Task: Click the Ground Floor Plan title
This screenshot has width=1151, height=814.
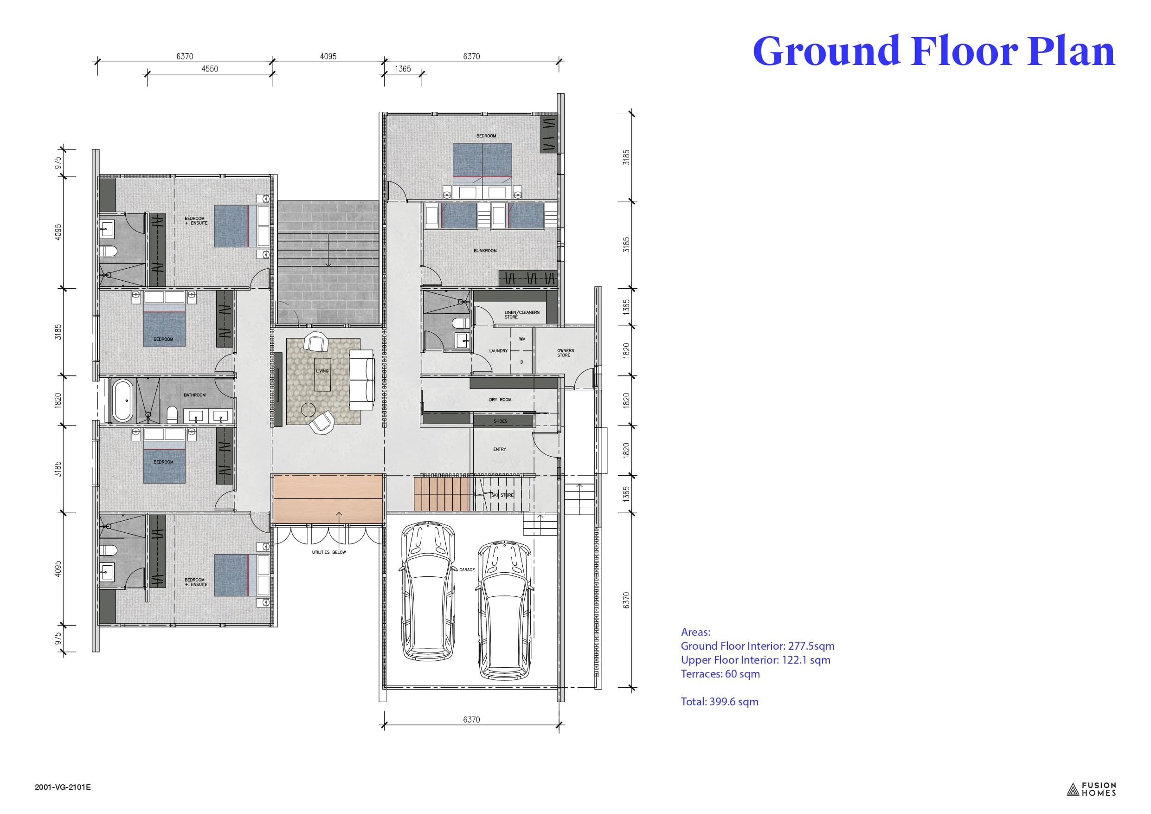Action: [x=933, y=51]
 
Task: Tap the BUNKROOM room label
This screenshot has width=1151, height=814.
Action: [x=485, y=251]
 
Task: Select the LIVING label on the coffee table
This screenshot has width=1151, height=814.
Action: [x=322, y=371]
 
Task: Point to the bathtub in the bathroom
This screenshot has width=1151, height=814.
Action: [x=122, y=400]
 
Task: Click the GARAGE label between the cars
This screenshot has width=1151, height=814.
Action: [x=467, y=570]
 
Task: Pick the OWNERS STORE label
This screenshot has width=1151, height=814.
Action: [x=566, y=353]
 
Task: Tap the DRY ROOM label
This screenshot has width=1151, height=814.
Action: [x=500, y=400]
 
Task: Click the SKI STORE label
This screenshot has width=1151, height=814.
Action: [x=503, y=495]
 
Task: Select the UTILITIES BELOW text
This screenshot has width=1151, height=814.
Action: [x=329, y=552]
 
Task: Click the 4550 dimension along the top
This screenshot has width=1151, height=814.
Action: [x=210, y=69]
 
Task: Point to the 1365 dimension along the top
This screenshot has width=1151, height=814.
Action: [x=403, y=69]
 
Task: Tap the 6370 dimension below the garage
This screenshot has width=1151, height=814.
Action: [x=471, y=720]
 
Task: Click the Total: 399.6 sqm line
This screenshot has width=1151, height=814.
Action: [x=720, y=702]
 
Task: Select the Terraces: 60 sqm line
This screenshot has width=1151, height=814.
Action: [x=720, y=674]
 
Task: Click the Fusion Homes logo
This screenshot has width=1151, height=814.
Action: [x=1091, y=789]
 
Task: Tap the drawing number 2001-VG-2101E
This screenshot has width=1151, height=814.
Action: [x=63, y=787]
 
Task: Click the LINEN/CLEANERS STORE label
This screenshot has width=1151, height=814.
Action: [x=522, y=315]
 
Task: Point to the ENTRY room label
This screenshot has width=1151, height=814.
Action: [x=499, y=449]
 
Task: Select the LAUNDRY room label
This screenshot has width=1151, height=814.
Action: [x=498, y=351]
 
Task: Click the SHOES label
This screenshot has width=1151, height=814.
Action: [x=500, y=421]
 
